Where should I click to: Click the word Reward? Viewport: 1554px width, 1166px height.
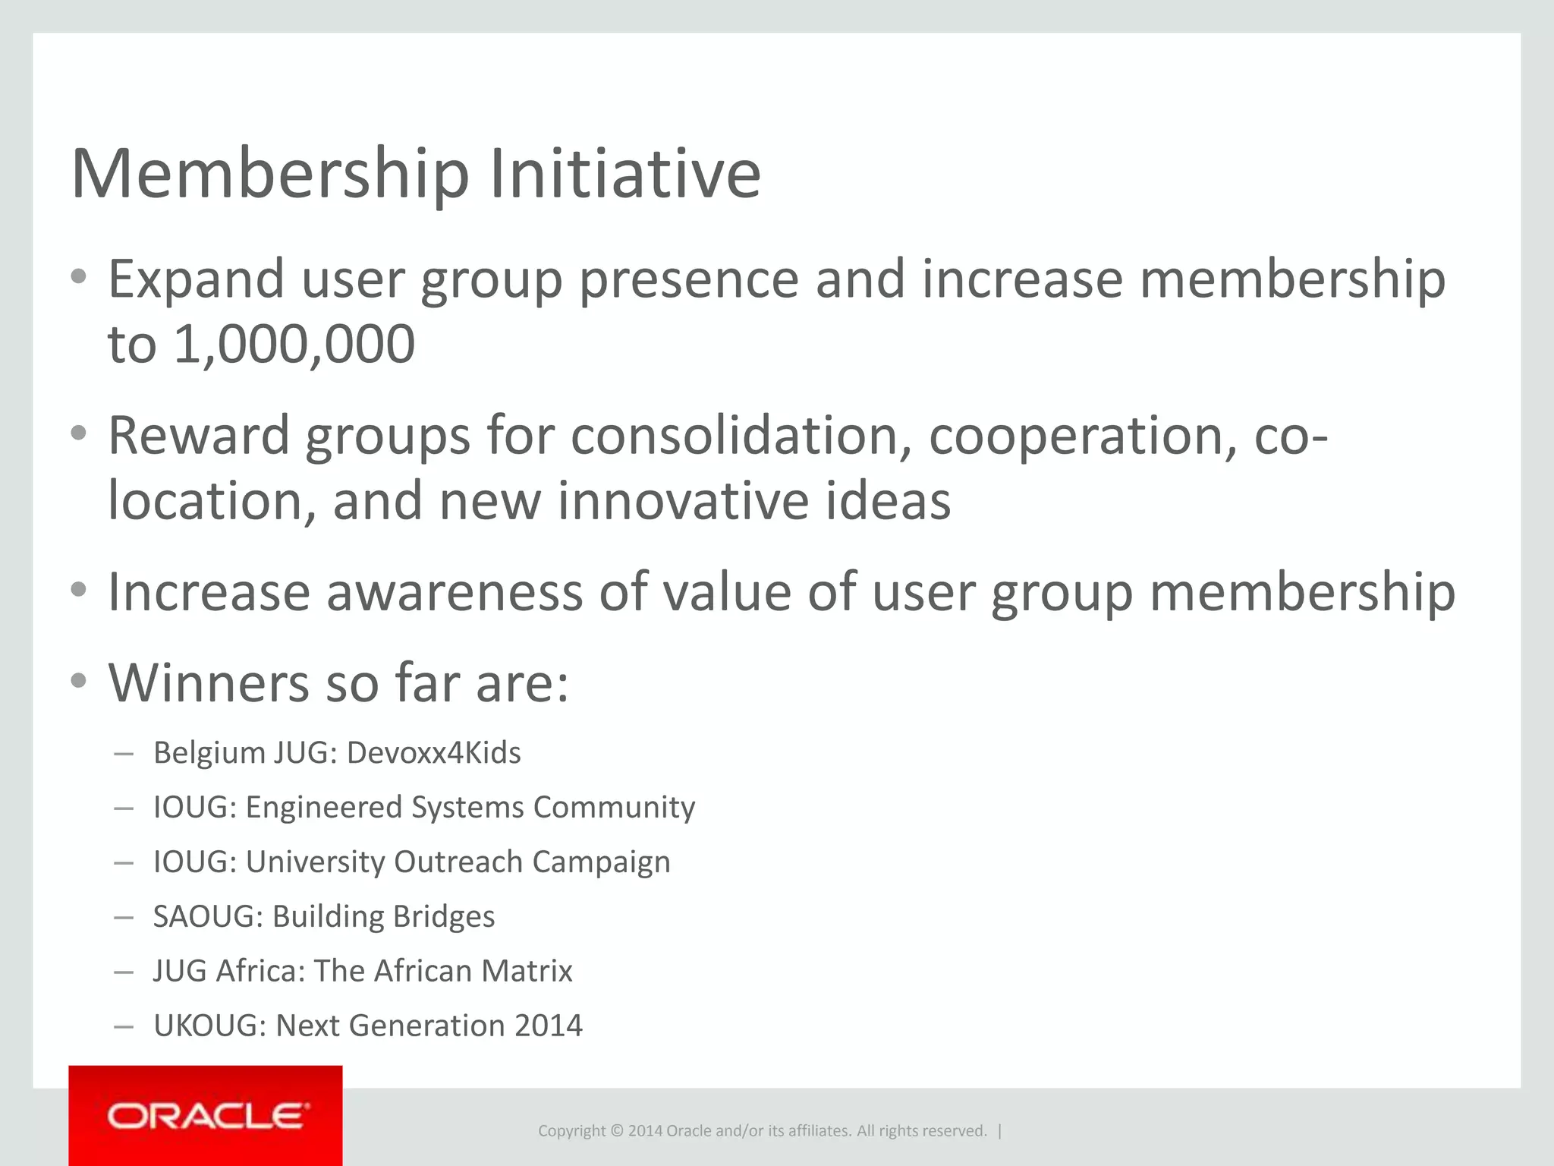coord(198,436)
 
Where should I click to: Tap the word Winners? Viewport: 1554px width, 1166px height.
coord(208,683)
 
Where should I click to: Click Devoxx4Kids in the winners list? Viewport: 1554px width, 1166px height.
coord(433,753)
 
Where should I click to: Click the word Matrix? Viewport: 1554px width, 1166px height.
coord(527,972)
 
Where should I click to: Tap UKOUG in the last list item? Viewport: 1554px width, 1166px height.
coord(205,1026)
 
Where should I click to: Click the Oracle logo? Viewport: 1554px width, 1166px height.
coord(206,1116)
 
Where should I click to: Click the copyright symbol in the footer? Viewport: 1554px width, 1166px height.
coord(617,1131)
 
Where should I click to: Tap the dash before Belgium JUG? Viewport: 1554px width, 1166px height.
coord(123,754)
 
